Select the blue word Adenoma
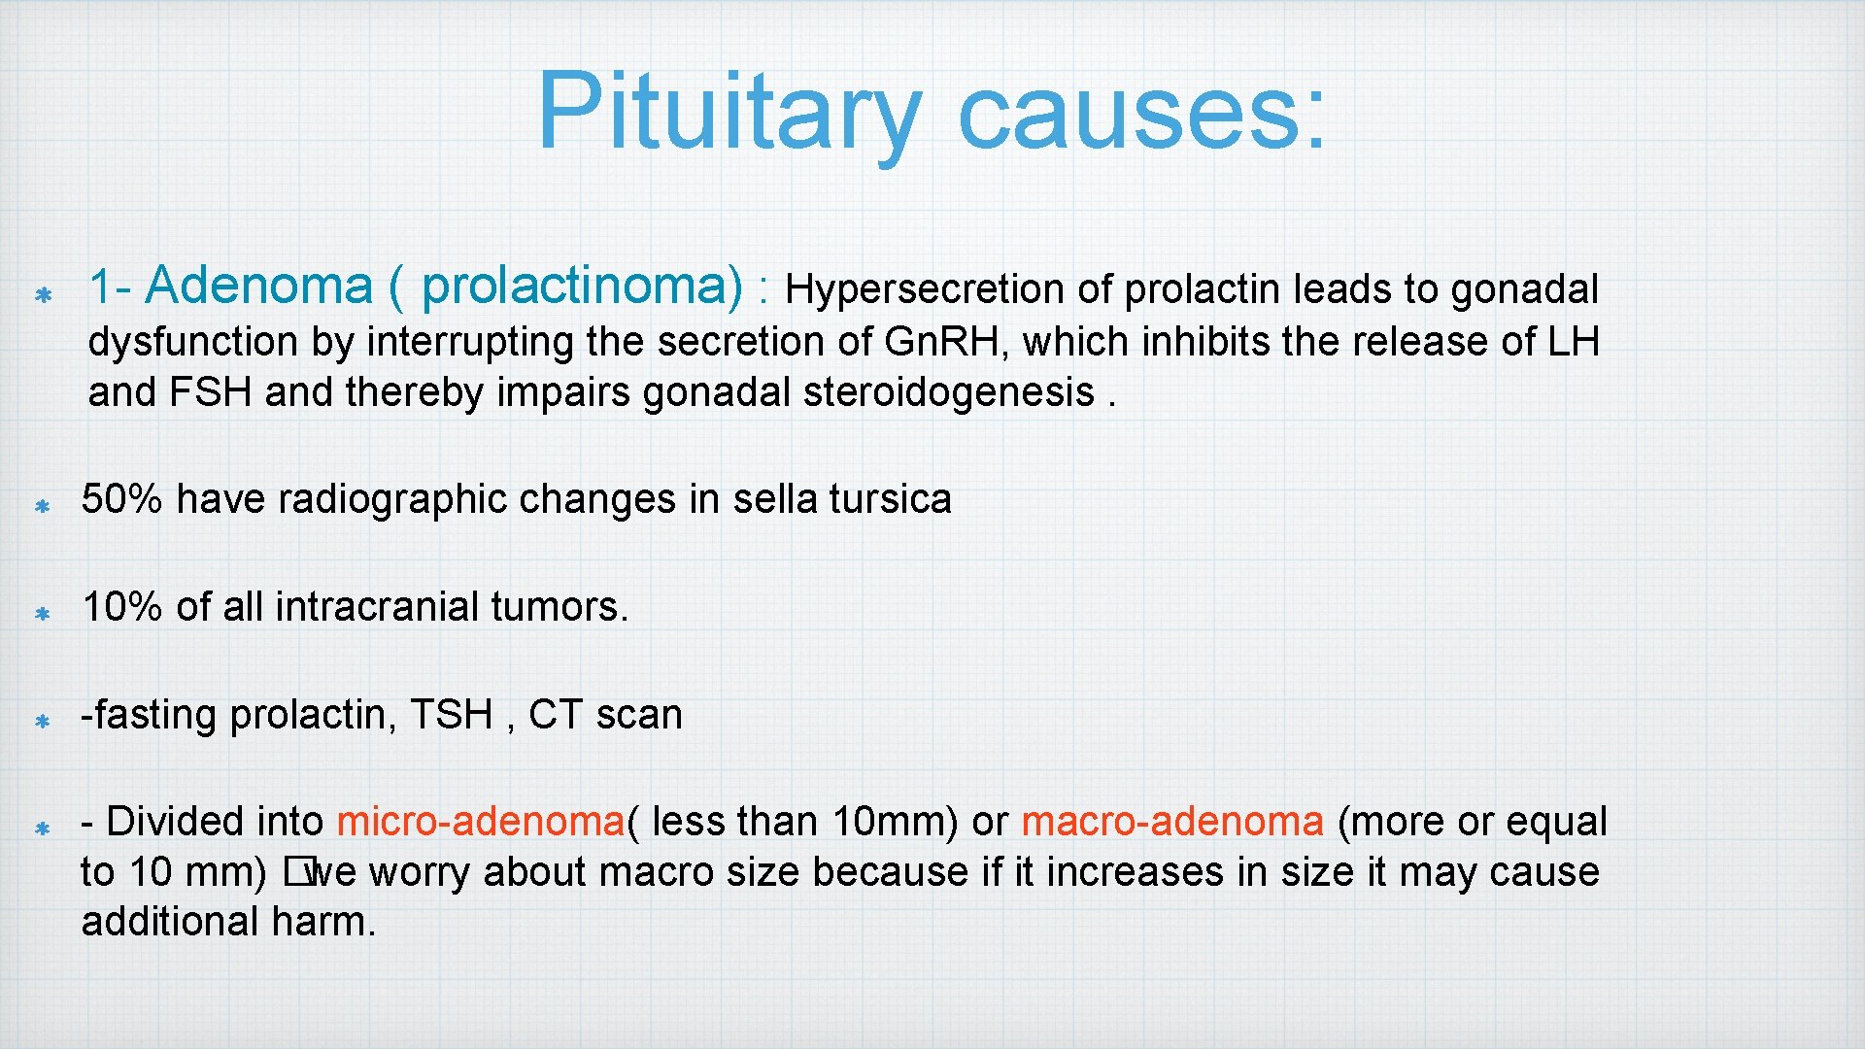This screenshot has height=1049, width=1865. (259, 286)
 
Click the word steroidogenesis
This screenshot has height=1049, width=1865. (949, 392)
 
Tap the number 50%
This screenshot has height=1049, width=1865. (121, 499)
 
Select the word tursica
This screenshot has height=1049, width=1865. (890, 499)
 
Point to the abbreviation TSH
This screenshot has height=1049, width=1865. (452, 715)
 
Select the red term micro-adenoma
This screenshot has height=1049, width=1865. (481, 822)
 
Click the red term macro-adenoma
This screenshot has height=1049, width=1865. (1171, 822)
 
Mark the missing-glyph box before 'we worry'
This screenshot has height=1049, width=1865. (294, 873)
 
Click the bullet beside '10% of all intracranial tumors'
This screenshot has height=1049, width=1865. (43, 614)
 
